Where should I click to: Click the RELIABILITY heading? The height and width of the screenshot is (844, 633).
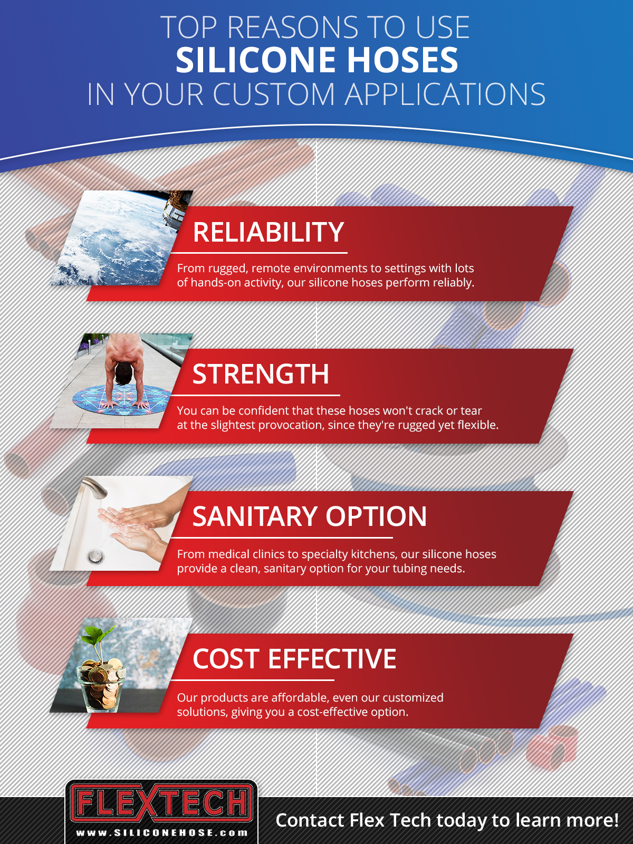[268, 232]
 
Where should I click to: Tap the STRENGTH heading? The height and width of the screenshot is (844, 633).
[261, 374]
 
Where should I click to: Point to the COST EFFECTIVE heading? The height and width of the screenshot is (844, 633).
[294, 659]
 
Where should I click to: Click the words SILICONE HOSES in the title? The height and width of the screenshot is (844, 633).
[317, 60]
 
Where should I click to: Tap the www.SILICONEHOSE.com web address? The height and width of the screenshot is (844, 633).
[162, 833]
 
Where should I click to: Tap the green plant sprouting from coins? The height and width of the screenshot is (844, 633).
[102, 638]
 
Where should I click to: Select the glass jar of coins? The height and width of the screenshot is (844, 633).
[101, 686]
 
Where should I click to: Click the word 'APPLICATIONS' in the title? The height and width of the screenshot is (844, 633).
[445, 94]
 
